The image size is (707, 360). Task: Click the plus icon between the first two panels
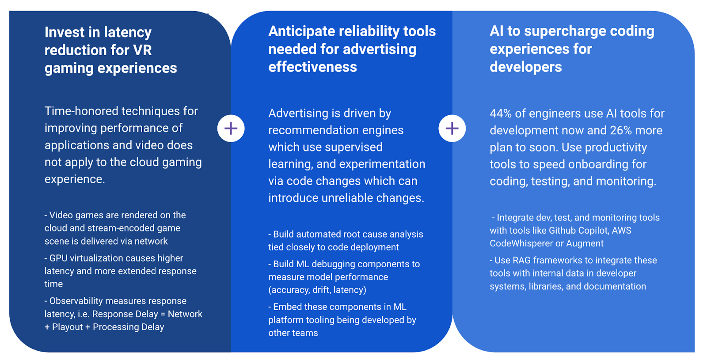tap(231, 129)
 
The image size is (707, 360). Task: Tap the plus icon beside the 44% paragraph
tap(452, 129)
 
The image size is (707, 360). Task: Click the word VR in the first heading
tap(142, 50)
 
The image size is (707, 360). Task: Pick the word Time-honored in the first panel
tap(81, 111)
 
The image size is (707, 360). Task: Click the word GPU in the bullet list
tap(58, 258)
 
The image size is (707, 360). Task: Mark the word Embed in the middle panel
tap(285, 307)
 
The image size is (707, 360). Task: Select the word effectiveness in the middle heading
tap(312, 67)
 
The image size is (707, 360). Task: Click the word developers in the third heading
tap(525, 67)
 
